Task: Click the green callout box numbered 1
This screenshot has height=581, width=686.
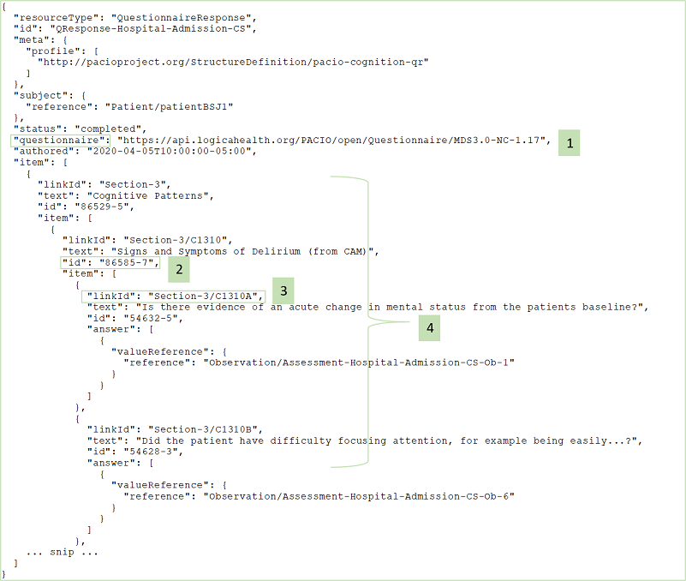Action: pyautogui.click(x=569, y=142)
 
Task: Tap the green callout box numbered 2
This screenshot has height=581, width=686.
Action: pyautogui.click(x=177, y=268)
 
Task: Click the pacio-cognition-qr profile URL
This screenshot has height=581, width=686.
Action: pyautogui.click(x=232, y=62)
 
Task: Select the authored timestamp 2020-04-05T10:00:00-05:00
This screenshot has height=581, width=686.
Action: pyautogui.click(x=172, y=151)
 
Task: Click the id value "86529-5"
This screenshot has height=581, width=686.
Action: pyautogui.click(x=102, y=207)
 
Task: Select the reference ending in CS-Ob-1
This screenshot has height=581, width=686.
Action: pyautogui.click(x=358, y=362)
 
